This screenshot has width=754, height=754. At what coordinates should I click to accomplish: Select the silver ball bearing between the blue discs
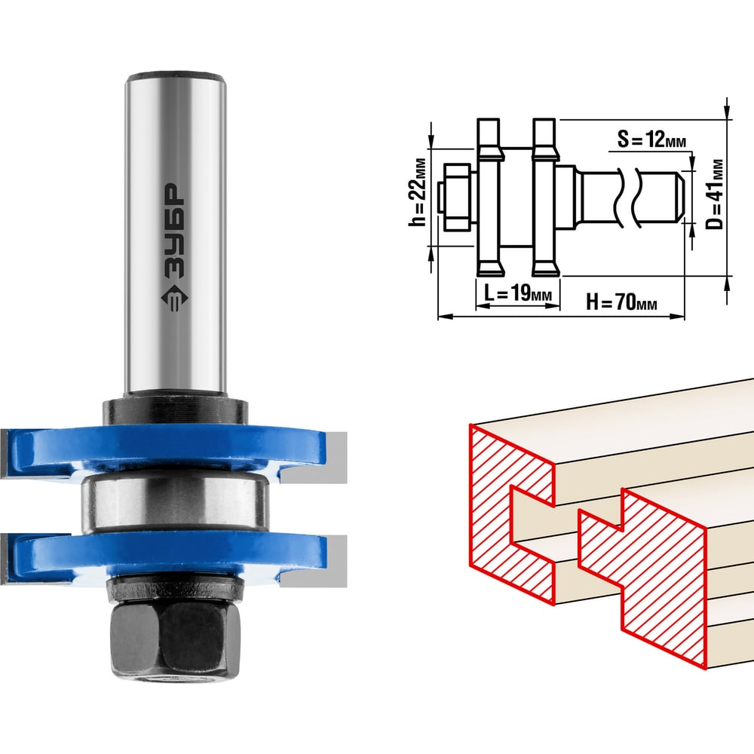pyautogui.click(x=174, y=502)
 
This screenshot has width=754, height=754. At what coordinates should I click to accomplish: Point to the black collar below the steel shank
pyautogui.click(x=175, y=409)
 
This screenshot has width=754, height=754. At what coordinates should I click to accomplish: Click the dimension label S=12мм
pyautogui.click(x=651, y=139)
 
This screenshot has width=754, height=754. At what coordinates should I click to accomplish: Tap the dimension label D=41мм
pyautogui.click(x=716, y=195)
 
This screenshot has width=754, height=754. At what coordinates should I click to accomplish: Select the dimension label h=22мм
pyautogui.click(x=417, y=192)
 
